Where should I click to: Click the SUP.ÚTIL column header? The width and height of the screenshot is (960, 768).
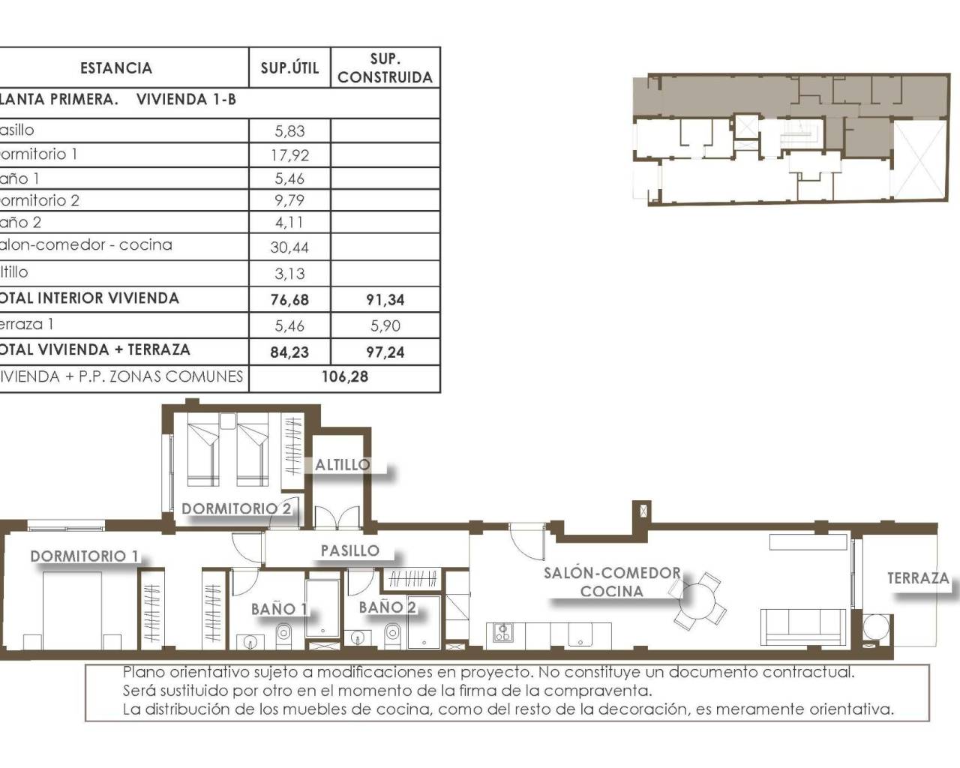(x=289, y=68)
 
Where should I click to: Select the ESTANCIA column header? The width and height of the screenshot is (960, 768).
(x=115, y=68)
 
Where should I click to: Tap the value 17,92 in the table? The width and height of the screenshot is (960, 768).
(x=289, y=155)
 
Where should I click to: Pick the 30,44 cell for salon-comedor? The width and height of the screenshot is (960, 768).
(x=289, y=247)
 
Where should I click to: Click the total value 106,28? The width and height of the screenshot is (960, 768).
(x=344, y=376)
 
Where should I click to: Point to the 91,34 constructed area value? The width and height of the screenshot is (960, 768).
(x=385, y=299)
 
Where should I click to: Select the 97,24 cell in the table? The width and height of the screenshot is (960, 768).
(x=385, y=351)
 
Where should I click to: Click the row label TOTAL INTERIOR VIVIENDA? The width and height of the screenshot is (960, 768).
(x=90, y=298)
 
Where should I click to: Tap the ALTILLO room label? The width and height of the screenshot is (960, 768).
(x=342, y=465)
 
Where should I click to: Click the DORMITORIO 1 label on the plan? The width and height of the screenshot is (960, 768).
(x=84, y=556)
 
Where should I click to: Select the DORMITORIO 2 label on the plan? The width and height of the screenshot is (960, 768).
(x=236, y=508)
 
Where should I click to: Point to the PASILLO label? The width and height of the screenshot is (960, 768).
(x=349, y=550)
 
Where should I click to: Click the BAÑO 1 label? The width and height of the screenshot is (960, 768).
(x=279, y=609)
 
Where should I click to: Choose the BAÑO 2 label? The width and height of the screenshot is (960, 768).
(x=387, y=607)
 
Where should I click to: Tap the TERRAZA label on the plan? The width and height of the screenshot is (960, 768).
(x=918, y=578)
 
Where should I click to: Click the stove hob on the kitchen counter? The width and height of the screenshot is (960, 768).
(x=502, y=634)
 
